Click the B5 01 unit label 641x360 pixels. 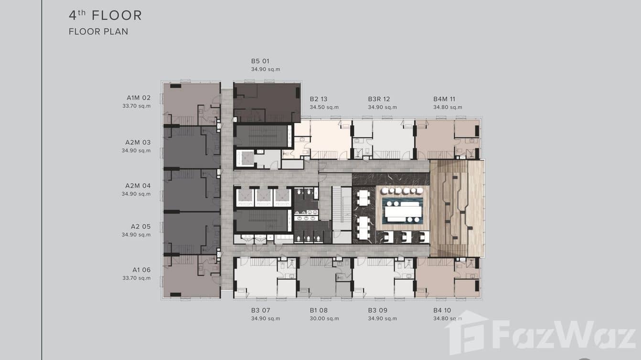(260, 61)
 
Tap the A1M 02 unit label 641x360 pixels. (139, 98)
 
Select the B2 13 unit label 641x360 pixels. (319, 99)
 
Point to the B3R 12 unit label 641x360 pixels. (379, 99)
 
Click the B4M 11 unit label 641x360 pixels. (444, 99)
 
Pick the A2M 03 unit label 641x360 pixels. (138, 142)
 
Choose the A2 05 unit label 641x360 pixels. (140, 227)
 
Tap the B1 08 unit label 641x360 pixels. (319, 310)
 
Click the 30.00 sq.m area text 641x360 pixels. (324, 318)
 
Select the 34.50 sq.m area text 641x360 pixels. (324, 107)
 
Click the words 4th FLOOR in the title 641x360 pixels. (105, 15)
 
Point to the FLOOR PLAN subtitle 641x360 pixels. (98, 32)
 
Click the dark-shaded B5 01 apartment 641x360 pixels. (267, 102)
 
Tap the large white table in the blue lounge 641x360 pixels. (403, 212)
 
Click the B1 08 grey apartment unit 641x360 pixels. (324, 277)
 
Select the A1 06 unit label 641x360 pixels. (141, 270)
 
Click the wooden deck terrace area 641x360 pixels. (457, 208)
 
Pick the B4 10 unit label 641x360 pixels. (442, 310)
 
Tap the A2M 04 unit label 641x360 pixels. (138, 186)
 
